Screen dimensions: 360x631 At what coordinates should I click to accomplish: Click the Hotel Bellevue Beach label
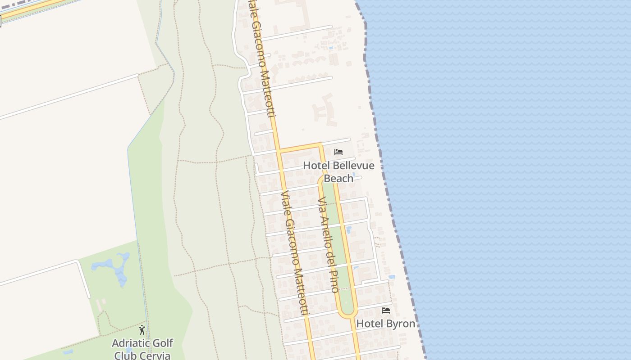tap(338, 172)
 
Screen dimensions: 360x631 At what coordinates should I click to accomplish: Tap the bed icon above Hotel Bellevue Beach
tap(338, 152)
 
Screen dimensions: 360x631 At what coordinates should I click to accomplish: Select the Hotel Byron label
tap(385, 324)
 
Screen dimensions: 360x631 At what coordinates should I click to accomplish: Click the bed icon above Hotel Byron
tap(386, 310)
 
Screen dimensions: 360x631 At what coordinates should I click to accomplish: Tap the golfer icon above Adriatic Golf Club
tap(142, 330)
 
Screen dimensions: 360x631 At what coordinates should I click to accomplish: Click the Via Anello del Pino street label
tap(328, 245)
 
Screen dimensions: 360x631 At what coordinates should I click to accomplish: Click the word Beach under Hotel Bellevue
tap(338, 179)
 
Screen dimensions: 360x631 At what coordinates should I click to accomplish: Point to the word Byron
tap(400, 324)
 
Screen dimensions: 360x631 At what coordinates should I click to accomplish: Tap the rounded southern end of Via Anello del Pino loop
tap(348, 314)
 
